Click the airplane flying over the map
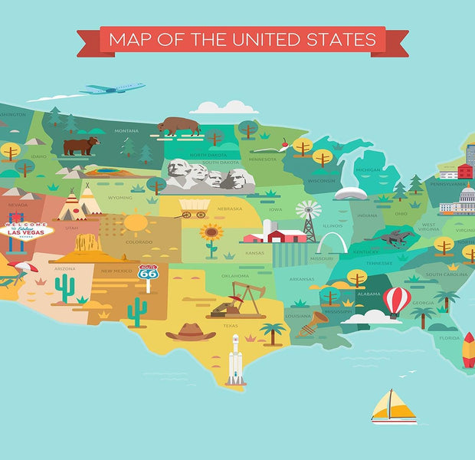(113, 89)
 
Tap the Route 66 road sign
(148, 274)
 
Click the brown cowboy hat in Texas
(191, 331)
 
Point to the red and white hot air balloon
(396, 301)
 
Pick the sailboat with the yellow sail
(393, 406)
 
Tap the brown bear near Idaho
(80, 145)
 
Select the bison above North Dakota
(179, 125)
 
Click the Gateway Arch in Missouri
(332, 244)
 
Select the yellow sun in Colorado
(136, 223)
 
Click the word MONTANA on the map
(126, 131)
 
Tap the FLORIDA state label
(450, 337)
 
